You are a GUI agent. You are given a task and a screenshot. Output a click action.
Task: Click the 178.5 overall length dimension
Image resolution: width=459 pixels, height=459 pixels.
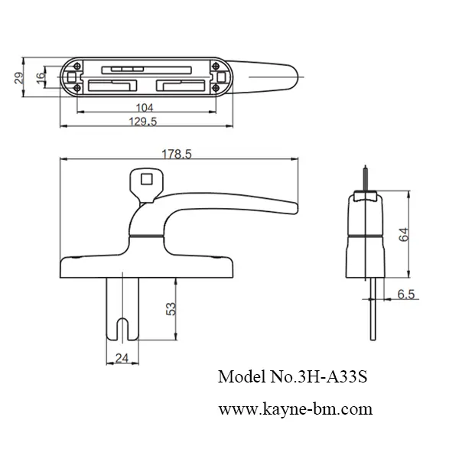point(177,153)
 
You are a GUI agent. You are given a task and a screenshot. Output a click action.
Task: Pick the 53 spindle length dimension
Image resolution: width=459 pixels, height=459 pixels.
point(171,308)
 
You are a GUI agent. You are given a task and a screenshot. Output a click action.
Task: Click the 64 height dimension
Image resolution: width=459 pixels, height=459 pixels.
point(404,233)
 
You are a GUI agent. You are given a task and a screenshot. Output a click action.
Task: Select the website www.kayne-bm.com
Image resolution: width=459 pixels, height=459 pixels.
point(295,409)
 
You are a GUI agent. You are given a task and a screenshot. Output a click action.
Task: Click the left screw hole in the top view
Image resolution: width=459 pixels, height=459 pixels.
point(71,77)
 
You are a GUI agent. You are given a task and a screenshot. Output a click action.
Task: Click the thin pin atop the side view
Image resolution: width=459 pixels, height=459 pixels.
point(366,178)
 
